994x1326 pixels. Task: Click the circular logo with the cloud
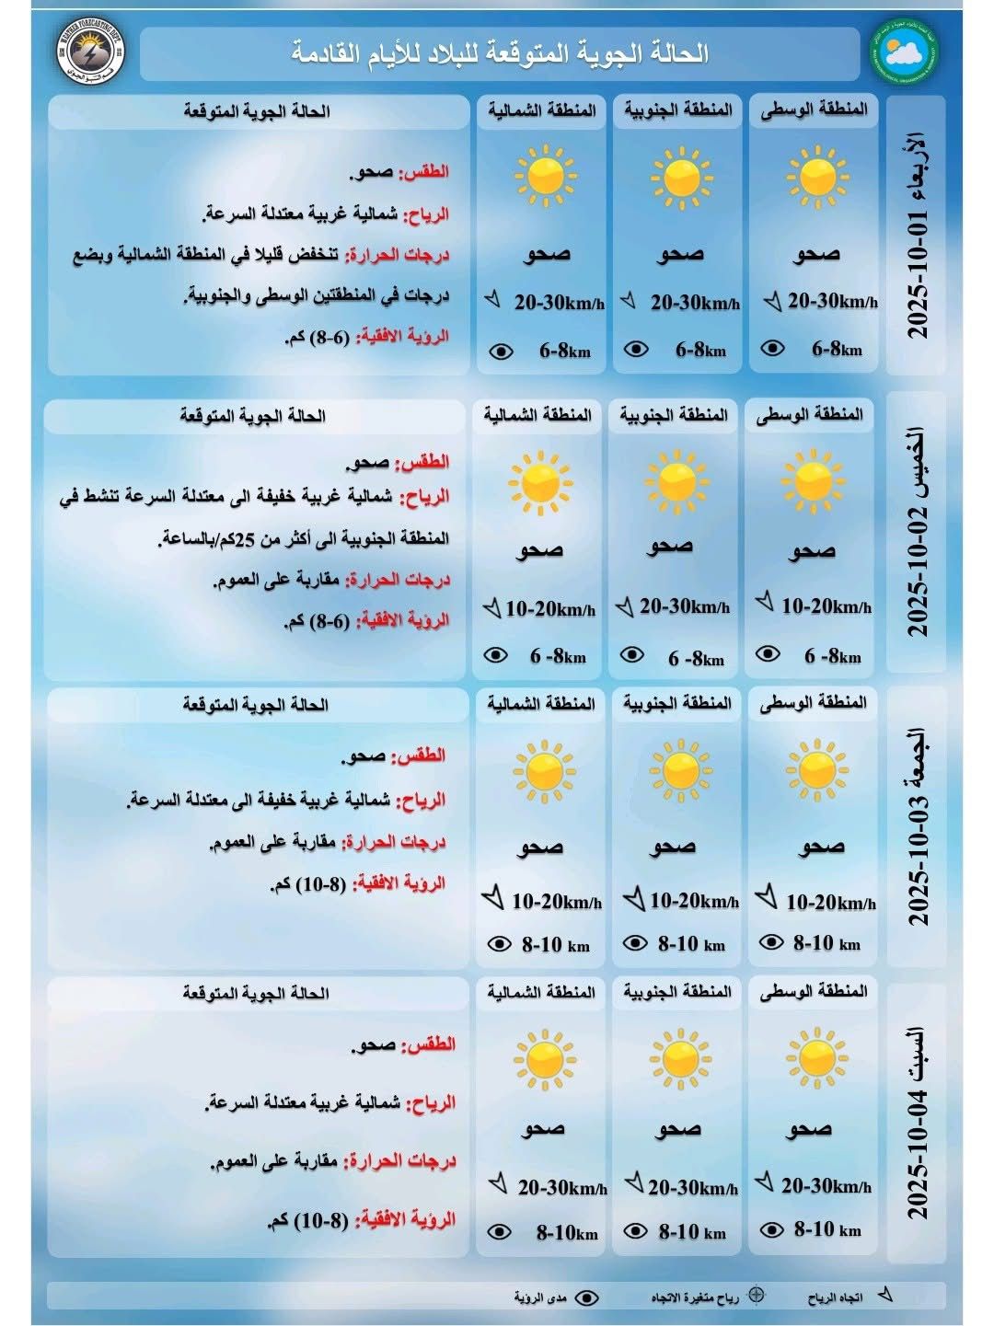point(904,52)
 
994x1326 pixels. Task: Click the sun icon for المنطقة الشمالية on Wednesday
point(546,174)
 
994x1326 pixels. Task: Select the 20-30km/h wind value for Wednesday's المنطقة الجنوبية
point(695,303)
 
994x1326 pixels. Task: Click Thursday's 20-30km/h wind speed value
point(684,606)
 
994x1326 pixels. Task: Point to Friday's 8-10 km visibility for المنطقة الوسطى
point(826,943)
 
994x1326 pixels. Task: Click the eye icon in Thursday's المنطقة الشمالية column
point(495,655)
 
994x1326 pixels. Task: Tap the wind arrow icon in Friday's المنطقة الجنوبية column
point(633,899)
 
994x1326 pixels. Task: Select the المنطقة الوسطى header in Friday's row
point(814,704)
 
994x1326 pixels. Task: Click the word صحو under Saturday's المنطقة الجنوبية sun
point(678,1128)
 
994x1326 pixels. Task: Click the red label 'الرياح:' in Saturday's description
point(432,1102)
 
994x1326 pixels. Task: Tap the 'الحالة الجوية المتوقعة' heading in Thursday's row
point(253,416)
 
